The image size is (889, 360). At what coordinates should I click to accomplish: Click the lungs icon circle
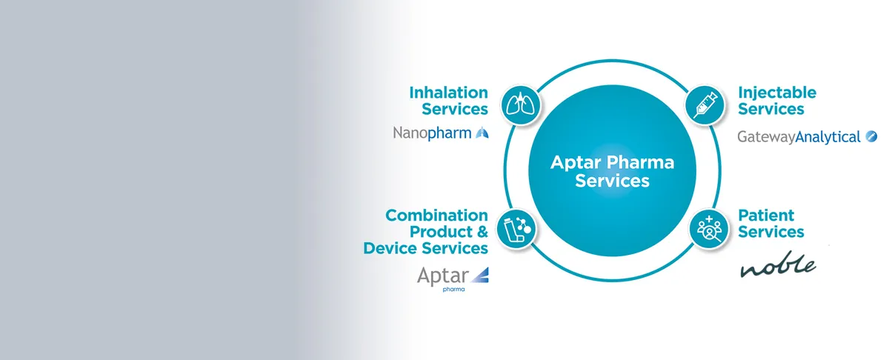click(x=521, y=105)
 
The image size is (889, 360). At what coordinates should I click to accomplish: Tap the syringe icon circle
click(x=705, y=105)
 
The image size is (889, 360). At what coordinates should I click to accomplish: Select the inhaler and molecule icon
click(x=516, y=229)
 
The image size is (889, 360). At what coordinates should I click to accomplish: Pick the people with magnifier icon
click(x=709, y=229)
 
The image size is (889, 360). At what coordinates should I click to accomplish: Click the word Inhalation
click(x=448, y=93)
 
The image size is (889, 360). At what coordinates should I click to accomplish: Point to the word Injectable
click(x=777, y=93)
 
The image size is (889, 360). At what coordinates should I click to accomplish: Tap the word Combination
click(x=436, y=216)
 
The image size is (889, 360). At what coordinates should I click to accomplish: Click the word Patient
click(x=766, y=216)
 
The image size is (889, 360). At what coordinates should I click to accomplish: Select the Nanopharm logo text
click(x=432, y=133)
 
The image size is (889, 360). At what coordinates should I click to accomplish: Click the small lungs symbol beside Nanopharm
click(x=482, y=133)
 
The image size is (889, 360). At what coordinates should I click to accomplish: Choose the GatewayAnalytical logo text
click(x=799, y=137)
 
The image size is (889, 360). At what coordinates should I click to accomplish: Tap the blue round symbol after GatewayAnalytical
click(x=871, y=136)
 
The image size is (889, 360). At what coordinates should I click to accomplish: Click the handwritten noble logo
click(x=779, y=264)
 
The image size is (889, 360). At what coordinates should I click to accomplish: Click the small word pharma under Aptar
click(x=453, y=290)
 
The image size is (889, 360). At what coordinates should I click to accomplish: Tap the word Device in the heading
click(x=390, y=248)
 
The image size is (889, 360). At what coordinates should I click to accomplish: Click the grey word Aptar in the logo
click(x=443, y=276)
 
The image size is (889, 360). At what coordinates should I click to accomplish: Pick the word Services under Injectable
click(x=771, y=109)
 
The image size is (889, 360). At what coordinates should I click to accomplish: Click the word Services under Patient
click(x=771, y=232)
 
